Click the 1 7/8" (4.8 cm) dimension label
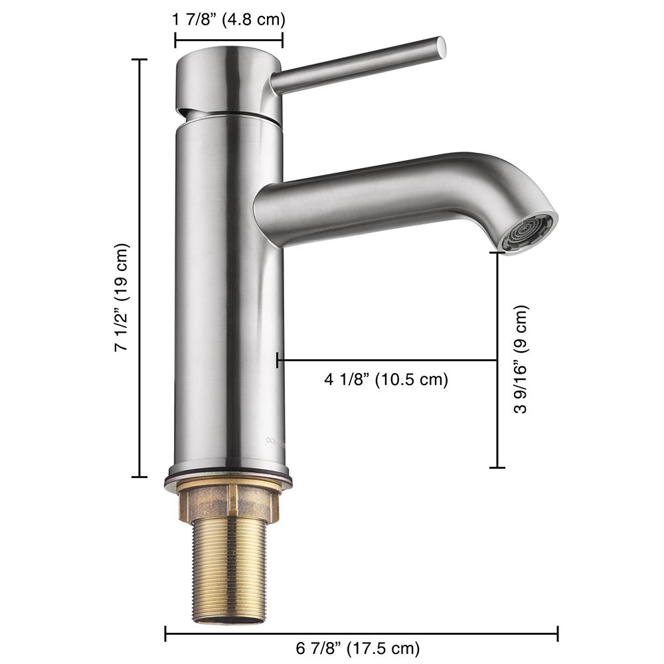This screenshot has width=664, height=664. click(x=228, y=19)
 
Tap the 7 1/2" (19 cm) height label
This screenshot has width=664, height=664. click(x=122, y=297)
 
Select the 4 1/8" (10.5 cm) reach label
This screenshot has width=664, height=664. click(x=386, y=380)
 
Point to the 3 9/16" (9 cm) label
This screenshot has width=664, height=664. click(x=522, y=359)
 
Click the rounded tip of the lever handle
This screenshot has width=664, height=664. click(x=441, y=45)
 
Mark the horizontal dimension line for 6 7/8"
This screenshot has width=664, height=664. click(x=361, y=633)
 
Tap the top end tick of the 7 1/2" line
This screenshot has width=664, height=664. click(x=139, y=60)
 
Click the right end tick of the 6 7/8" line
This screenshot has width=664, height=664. click(x=557, y=633)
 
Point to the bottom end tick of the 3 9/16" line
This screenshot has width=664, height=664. click(x=497, y=467)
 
